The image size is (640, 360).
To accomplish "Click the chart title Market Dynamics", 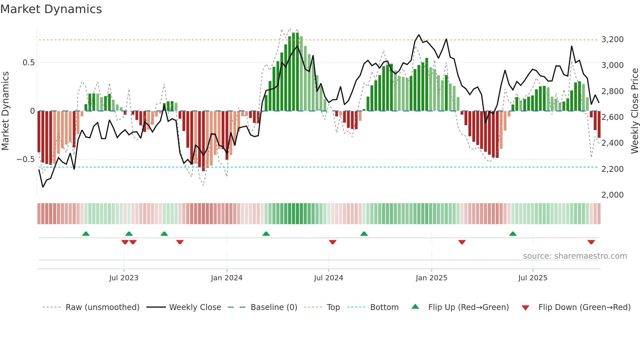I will click(51, 9).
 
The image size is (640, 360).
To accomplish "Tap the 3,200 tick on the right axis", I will click(612, 40).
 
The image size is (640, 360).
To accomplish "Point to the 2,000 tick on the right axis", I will click(612, 195).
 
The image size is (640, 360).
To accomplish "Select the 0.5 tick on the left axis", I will click(28, 63).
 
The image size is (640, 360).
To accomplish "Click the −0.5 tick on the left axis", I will click(26, 159).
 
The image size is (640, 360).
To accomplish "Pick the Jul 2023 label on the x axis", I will click(124, 278).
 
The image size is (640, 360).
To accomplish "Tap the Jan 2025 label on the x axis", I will click(431, 278).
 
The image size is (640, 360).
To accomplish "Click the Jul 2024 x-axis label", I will click(328, 278).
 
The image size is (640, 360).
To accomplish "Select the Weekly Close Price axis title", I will click(634, 111).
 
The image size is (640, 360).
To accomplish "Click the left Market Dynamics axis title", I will click(5, 111).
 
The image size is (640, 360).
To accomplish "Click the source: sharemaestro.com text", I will click(575, 256).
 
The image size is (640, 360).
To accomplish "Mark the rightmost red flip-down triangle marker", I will click(591, 242).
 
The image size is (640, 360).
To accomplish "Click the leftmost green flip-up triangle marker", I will click(86, 234).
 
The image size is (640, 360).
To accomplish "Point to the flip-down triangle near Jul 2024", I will click(333, 242).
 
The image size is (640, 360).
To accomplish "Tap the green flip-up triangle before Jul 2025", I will click(513, 234).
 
